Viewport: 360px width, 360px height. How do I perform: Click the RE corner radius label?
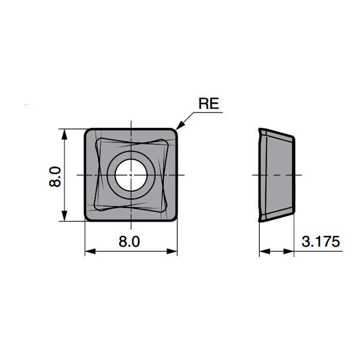[208, 104]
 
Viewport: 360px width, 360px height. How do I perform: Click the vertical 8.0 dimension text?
[55, 177]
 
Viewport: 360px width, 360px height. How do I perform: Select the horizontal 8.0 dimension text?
[129, 241]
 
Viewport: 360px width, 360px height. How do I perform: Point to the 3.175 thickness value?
[321, 241]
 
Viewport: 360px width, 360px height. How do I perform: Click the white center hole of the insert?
[131, 175]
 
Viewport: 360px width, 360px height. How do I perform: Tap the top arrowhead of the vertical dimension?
[65, 134]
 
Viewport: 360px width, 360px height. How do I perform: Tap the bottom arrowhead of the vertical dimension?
[65, 216]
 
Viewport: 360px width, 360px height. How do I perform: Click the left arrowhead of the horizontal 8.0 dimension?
[90, 251]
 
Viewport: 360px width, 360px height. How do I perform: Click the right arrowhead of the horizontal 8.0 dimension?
[172, 251]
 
